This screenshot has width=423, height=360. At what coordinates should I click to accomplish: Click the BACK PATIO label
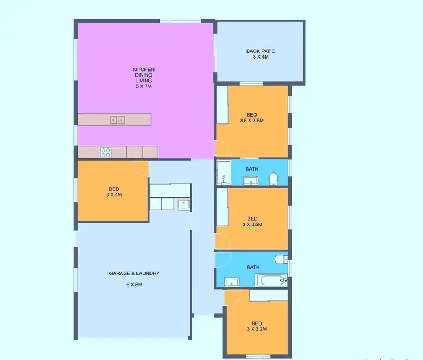(x=261, y=51)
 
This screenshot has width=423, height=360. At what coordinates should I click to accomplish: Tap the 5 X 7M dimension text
(x=143, y=86)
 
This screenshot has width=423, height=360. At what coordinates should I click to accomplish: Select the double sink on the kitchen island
(x=117, y=119)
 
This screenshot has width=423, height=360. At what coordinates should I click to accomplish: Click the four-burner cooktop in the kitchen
(x=106, y=152)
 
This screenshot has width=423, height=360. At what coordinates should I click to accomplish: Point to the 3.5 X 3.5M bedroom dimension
(x=252, y=121)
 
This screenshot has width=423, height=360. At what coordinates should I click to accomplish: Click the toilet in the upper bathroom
(x=274, y=179)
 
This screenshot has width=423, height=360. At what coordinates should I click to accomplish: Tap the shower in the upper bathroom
(x=222, y=173)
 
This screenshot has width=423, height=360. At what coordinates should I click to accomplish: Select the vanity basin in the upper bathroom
(x=251, y=180)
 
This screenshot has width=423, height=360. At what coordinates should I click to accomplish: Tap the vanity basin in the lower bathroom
(x=232, y=281)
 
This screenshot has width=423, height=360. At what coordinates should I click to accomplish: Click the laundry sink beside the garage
(x=183, y=204)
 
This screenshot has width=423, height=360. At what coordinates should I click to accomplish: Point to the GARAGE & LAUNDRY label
(x=134, y=273)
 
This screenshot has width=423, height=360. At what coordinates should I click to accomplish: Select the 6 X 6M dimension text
(x=134, y=285)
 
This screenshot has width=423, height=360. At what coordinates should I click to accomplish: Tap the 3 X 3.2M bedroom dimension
(x=257, y=329)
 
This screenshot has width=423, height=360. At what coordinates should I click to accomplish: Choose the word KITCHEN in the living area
(x=143, y=69)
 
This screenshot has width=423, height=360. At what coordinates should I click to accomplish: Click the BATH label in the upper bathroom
(x=252, y=168)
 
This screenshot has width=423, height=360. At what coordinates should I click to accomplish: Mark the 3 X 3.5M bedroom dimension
(x=252, y=224)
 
